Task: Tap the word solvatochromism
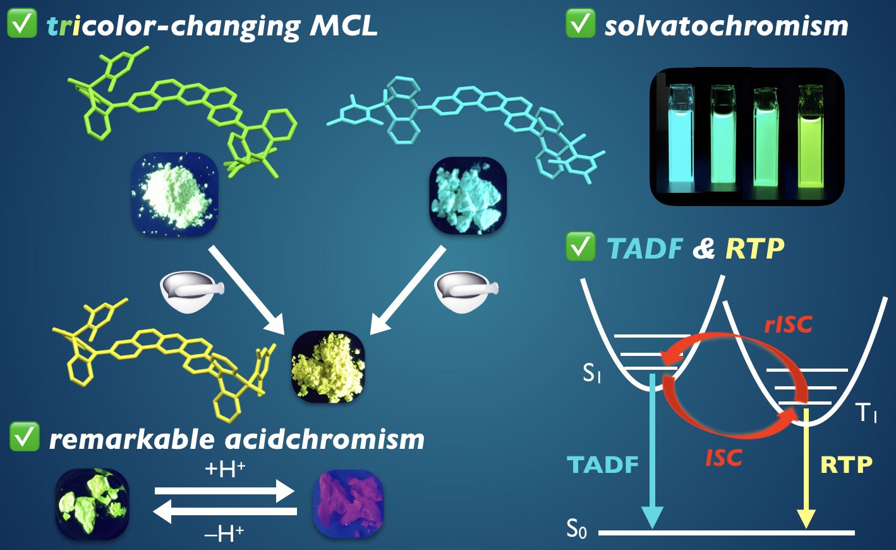tap(726, 26)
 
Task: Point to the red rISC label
tap(788, 324)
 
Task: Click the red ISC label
tap(723, 457)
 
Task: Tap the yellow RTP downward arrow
tap(806, 468)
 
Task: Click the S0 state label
tap(576, 529)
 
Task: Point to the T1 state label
tap(866, 413)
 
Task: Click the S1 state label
tap(591, 374)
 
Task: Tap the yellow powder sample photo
tap(327, 367)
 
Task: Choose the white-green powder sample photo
tap(174, 195)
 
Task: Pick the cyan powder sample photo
tap(468, 196)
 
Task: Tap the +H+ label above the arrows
tap(225, 470)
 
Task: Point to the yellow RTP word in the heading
tap(754, 249)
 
